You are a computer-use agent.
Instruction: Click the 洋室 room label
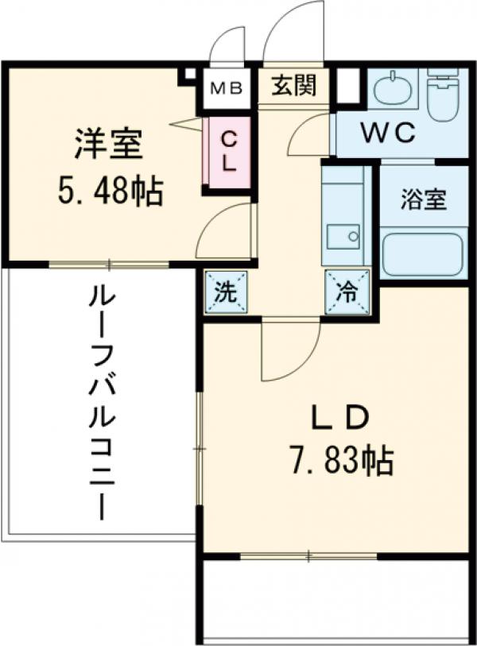click(x=108, y=146)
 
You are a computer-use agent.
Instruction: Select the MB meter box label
click(x=227, y=88)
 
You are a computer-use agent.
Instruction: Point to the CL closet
click(x=227, y=154)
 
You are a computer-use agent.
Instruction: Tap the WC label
click(x=389, y=133)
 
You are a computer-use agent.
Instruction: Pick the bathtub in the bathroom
click(x=422, y=252)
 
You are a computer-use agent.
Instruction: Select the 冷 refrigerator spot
click(x=346, y=292)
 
